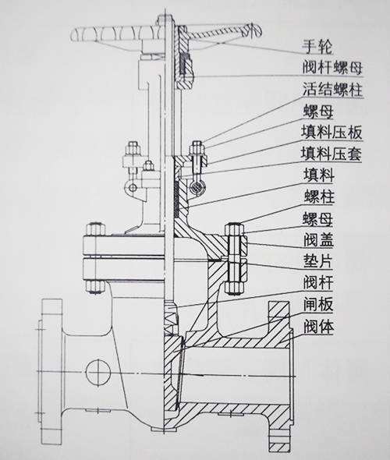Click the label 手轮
pyautogui.click(x=317, y=47)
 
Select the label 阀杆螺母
pyautogui.click(x=333, y=68)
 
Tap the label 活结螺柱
pyautogui.click(x=333, y=90)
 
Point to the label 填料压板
pyautogui.click(x=331, y=133)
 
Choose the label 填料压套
pyautogui.click(x=331, y=154)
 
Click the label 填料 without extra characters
pyautogui.click(x=319, y=175)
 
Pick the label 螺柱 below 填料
pyautogui.click(x=319, y=196)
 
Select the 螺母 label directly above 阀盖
pyautogui.click(x=318, y=219)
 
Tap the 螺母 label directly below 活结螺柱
pyautogui.click(x=318, y=111)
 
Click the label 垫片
pyautogui.click(x=318, y=261)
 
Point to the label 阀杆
pyautogui.click(x=318, y=282)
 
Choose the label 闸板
pyautogui.click(x=318, y=304)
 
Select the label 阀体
pyautogui.click(x=318, y=326)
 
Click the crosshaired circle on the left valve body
pyautogui.click(x=98, y=372)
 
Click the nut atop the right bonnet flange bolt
pyautogui.click(x=235, y=229)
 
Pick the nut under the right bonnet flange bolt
pyautogui.click(x=235, y=288)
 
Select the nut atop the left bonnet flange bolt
pyautogui.click(x=95, y=229)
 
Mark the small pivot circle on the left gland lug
pyautogui.click(x=133, y=187)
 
